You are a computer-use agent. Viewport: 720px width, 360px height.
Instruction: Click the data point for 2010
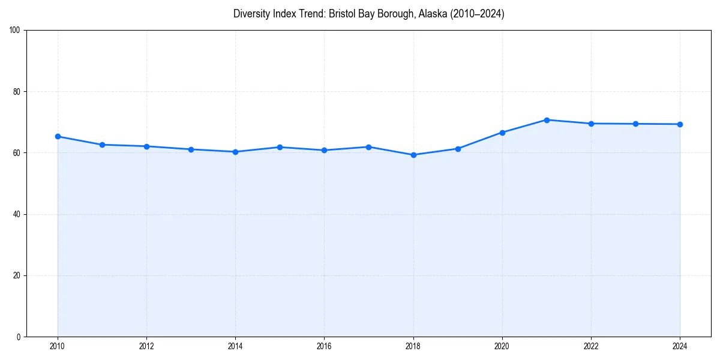tap(58, 136)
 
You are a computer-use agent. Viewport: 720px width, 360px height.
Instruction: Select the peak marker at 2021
tap(547, 120)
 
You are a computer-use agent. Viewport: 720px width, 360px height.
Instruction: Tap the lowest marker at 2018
tap(413, 155)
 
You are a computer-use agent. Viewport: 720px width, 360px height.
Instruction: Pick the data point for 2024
tap(680, 124)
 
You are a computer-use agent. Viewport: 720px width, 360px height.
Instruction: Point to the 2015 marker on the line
tap(280, 147)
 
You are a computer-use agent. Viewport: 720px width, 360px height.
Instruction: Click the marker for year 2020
tap(502, 132)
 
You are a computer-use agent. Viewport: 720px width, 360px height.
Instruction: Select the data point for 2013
tap(191, 149)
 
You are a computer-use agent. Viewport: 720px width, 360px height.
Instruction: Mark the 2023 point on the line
tap(635, 124)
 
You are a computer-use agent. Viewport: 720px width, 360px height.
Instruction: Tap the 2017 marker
tap(368, 147)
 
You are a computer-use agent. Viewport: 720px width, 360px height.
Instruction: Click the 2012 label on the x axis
tap(146, 346)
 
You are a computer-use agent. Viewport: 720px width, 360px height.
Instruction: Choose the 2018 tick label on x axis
tap(413, 346)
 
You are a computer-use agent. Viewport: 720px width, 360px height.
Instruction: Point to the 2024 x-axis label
tap(680, 346)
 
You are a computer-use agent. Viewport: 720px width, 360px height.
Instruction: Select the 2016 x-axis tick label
tap(324, 346)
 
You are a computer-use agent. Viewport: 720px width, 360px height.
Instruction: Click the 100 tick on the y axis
tap(15, 30)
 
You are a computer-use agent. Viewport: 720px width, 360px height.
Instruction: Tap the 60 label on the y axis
tap(17, 153)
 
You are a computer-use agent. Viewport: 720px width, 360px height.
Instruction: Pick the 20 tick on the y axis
tap(17, 275)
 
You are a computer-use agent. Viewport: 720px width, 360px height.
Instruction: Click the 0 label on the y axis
tap(19, 337)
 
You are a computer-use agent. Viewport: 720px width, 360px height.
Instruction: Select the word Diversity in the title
tap(251, 14)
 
